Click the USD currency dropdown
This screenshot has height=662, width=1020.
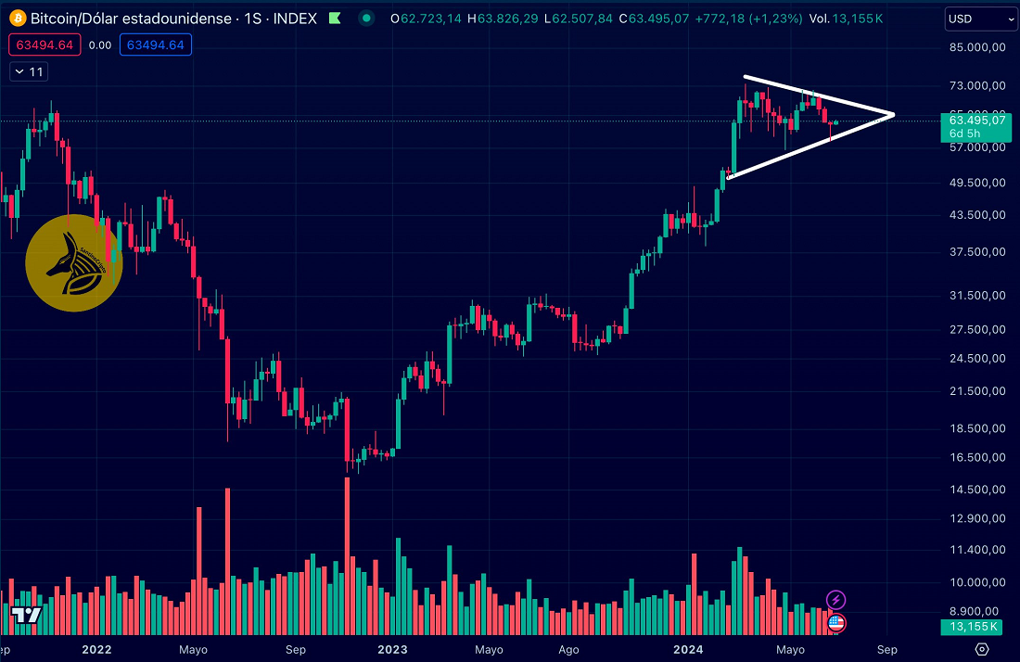click(x=981, y=19)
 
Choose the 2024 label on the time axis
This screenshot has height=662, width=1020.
click(x=687, y=649)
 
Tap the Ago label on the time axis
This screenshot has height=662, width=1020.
click(x=569, y=649)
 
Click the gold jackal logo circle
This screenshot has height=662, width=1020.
click(x=74, y=262)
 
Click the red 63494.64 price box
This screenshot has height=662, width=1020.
click(x=38, y=45)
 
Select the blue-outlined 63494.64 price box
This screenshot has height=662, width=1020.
click(x=155, y=45)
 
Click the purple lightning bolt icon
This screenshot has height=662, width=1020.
click(x=835, y=600)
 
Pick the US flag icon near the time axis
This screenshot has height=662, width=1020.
click(x=835, y=622)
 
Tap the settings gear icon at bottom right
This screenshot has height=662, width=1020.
click(x=982, y=649)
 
